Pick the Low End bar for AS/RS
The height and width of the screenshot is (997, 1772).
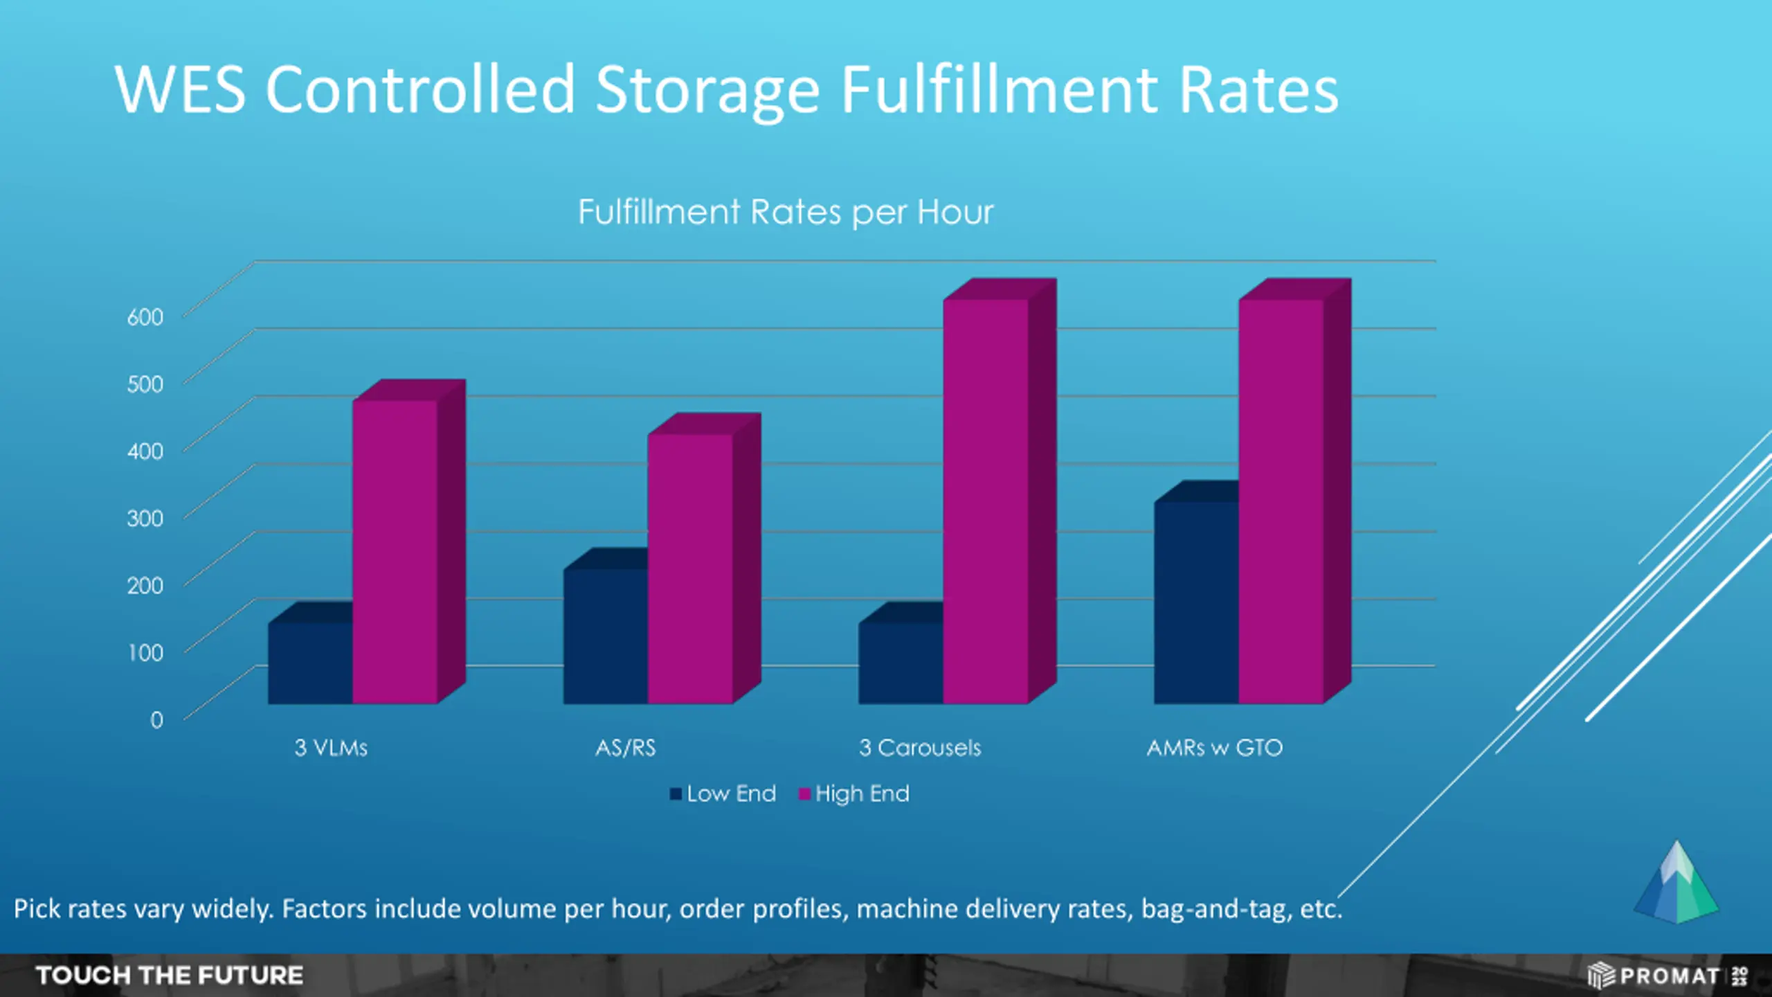605,636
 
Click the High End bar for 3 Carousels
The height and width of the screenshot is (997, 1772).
985,501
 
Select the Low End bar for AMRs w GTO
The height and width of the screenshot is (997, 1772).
1195,602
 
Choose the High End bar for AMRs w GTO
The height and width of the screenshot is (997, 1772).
1281,501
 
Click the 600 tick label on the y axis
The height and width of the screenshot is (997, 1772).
145,317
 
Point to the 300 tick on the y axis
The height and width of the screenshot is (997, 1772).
145,519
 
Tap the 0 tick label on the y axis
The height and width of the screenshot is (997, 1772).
157,720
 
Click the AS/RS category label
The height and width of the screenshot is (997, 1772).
625,748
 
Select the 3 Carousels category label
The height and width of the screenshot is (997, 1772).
920,748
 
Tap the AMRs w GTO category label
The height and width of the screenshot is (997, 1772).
1215,748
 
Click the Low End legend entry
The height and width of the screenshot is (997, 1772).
723,793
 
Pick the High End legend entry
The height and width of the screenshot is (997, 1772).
854,793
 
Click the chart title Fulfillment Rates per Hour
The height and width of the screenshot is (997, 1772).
786,212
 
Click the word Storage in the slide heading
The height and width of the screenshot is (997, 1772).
707,90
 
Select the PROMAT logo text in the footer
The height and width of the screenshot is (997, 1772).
1669,976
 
